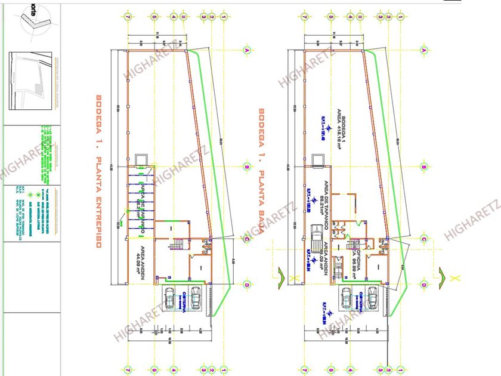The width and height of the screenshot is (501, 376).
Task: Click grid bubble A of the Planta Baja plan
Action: (424, 51)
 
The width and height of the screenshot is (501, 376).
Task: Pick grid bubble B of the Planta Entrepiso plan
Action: (246, 167)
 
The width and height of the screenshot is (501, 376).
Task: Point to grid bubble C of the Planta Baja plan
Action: (424, 239)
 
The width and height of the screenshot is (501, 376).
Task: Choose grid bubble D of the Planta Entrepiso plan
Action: (246, 285)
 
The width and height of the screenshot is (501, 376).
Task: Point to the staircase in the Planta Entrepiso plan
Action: (177, 245)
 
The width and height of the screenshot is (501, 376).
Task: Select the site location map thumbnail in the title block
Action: (32, 81)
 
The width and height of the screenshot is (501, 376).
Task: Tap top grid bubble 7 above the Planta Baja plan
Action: (304, 17)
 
